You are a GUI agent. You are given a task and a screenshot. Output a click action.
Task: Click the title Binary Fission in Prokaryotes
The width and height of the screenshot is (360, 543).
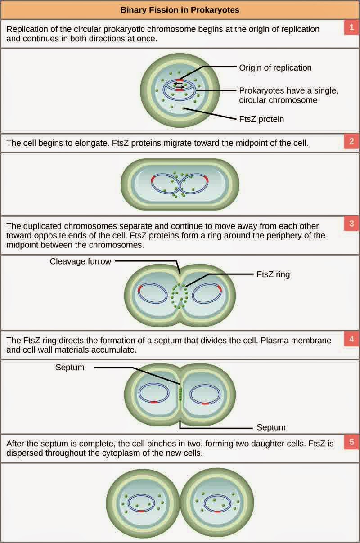(180, 9)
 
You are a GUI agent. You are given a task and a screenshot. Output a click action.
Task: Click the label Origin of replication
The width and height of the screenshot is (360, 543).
(275, 68)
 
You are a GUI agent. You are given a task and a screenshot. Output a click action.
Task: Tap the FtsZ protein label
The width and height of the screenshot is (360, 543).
(261, 119)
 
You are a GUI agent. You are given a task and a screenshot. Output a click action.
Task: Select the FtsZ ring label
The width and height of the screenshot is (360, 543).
(273, 274)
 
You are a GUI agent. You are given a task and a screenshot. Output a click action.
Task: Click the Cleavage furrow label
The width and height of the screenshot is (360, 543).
(81, 261)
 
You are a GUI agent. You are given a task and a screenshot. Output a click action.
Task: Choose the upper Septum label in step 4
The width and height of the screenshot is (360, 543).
(70, 368)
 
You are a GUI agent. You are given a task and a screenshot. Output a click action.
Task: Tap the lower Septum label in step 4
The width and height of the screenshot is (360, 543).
(271, 427)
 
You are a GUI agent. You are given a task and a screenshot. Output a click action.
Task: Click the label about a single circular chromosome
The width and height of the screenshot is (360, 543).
(288, 95)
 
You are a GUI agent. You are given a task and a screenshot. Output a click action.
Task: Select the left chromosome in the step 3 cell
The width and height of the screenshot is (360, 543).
(152, 293)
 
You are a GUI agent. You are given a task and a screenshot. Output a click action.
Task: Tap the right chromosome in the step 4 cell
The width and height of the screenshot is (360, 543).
(205, 395)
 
